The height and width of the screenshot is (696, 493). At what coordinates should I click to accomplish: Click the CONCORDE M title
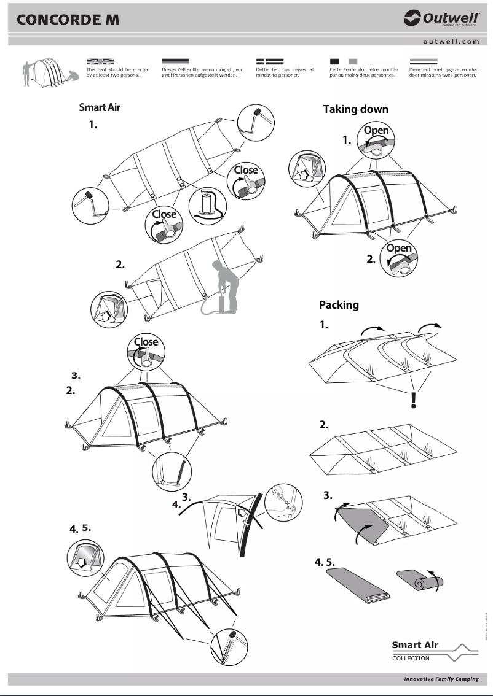68,20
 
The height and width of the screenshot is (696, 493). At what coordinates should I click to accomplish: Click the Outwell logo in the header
441,20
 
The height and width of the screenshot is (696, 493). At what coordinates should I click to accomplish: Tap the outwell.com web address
451,41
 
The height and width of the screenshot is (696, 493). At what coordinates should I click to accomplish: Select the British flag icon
100,61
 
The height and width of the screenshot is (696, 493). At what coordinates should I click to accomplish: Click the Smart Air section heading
100,107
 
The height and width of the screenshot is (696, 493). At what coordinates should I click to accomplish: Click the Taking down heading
355,109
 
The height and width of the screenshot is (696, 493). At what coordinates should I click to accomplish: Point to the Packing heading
339,305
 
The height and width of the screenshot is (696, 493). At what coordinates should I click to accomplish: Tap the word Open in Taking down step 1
376,130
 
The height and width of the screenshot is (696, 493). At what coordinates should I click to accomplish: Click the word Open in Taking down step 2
399,249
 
